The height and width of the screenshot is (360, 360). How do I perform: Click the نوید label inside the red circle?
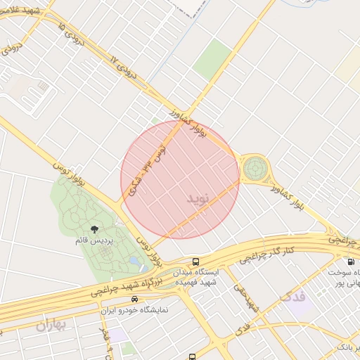[198, 198]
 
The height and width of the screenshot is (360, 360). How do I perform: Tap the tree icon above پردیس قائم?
[95, 229]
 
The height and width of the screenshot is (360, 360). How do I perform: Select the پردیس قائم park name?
[94, 240]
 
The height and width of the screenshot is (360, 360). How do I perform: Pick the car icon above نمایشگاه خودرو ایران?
[124, 299]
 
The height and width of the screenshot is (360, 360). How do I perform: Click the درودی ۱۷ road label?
[126, 67]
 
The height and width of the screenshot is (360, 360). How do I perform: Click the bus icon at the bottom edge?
[193, 356]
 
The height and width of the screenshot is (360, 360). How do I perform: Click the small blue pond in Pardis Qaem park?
[134, 262]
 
